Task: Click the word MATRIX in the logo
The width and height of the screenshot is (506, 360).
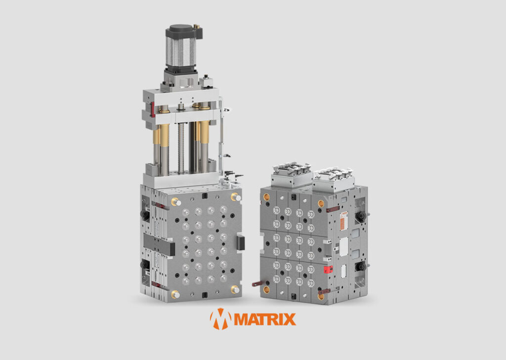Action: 265,319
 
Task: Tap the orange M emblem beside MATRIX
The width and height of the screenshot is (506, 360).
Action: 220,319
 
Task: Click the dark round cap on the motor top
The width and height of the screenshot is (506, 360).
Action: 181,28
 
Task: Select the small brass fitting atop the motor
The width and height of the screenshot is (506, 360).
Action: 196,26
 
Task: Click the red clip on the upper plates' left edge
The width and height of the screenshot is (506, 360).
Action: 152,109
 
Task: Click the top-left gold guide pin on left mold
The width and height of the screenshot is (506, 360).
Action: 176,201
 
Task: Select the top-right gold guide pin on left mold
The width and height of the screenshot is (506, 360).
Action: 236,197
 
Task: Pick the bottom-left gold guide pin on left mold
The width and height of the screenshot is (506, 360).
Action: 175,294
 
